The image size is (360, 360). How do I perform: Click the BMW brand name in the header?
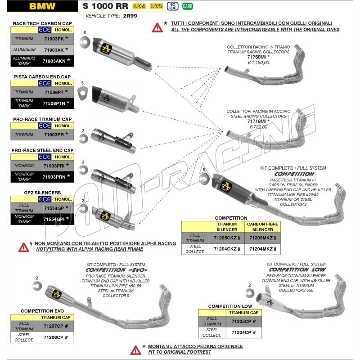click(43, 6)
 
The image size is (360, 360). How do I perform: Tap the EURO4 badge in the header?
click(139, 6)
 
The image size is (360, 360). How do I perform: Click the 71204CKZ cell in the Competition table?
click(227, 248)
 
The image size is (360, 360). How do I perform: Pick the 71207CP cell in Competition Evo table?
click(56, 325)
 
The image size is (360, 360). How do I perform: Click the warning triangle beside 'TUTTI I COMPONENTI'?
click(157, 27)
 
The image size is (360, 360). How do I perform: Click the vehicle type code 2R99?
click(129, 15)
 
